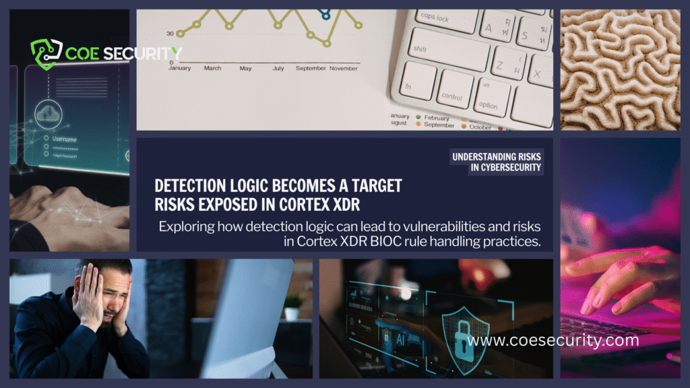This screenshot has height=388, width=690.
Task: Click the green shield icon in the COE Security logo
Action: click(44, 53)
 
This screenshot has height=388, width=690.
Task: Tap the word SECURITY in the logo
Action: click(148, 53)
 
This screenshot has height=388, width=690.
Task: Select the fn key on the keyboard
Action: click(412, 87)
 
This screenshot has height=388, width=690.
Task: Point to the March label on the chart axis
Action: click(212, 68)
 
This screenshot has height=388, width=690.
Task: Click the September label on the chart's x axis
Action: click(311, 68)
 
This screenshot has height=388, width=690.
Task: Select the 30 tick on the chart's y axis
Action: click(170, 33)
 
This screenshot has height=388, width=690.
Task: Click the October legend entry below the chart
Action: click(480, 126)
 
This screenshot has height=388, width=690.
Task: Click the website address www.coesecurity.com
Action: click(553, 341)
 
